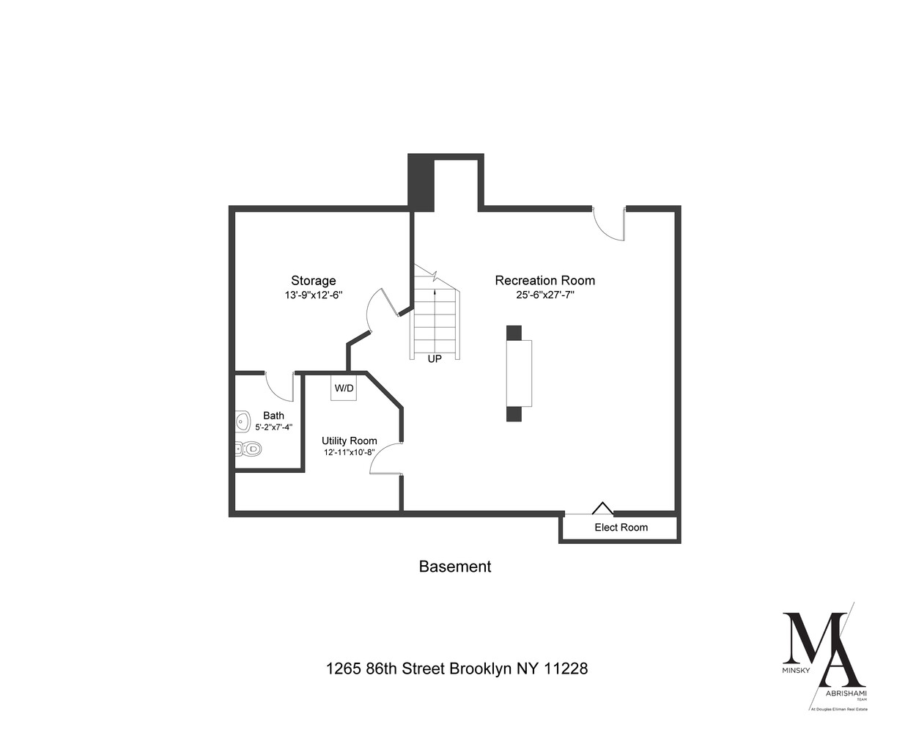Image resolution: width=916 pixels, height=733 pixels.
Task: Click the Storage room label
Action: pyautogui.click(x=313, y=280)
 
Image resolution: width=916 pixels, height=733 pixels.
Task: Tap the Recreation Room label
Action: pyautogui.click(x=544, y=280)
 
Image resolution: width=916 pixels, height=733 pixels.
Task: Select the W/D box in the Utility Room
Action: pyautogui.click(x=344, y=388)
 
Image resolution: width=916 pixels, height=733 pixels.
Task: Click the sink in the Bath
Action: pyautogui.click(x=242, y=421)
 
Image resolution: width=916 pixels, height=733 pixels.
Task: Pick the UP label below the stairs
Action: pyautogui.click(x=435, y=359)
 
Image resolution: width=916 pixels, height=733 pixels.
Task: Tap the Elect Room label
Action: pyautogui.click(x=621, y=527)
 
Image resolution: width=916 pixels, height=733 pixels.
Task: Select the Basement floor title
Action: pyautogui.click(x=454, y=567)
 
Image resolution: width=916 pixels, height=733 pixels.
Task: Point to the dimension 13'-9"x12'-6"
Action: pyautogui.click(x=314, y=295)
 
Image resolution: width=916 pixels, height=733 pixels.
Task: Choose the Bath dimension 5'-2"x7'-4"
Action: pyautogui.click(x=273, y=427)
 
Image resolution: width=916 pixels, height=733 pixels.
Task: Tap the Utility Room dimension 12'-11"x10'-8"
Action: pyautogui.click(x=350, y=452)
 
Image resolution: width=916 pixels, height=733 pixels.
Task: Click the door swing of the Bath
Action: pyautogui.click(x=278, y=386)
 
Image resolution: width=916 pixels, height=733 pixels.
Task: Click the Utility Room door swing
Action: pyautogui.click(x=385, y=459)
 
